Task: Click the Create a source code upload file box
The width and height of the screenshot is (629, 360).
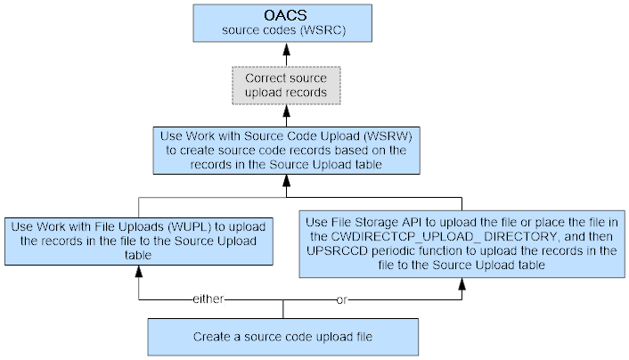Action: (282, 338)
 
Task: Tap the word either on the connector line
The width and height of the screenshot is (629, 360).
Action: (208, 299)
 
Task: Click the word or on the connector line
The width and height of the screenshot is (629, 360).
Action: (341, 299)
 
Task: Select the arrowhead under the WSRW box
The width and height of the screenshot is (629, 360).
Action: (286, 189)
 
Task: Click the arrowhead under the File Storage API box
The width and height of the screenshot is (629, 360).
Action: (461, 283)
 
